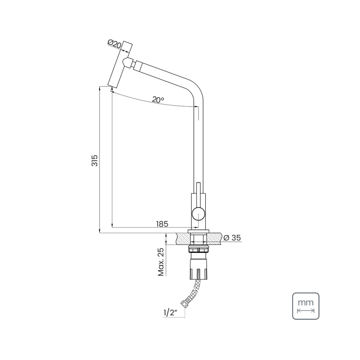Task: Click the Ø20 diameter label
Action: [115, 44]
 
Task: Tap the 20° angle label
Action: [158, 100]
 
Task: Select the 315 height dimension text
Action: [94, 161]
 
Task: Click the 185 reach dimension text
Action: [162, 224]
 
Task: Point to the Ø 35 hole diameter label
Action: [232, 238]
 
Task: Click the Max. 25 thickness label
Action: [161, 262]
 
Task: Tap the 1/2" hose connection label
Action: [170, 312]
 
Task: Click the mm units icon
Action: [306, 306]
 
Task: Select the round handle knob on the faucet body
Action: [198, 213]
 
